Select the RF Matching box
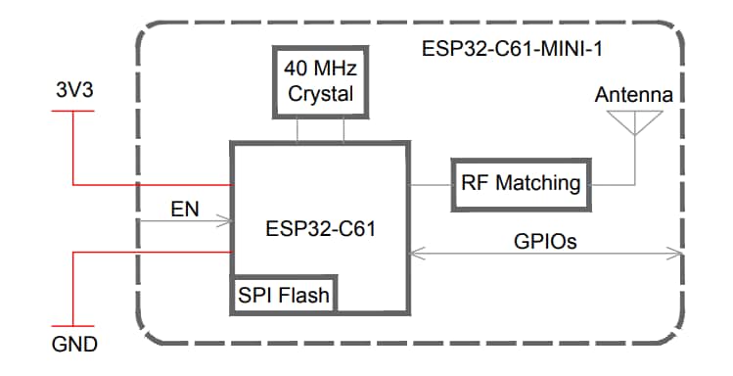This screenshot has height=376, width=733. (x=521, y=182)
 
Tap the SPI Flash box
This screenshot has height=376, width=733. (x=284, y=293)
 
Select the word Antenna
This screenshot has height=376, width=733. (x=633, y=96)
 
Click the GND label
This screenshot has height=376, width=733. (x=74, y=346)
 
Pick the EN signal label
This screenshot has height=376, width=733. (x=184, y=210)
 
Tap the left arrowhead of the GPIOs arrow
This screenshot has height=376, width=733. (x=415, y=255)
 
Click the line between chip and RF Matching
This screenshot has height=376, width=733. (x=430, y=183)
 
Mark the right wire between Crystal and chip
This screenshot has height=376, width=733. (x=344, y=130)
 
